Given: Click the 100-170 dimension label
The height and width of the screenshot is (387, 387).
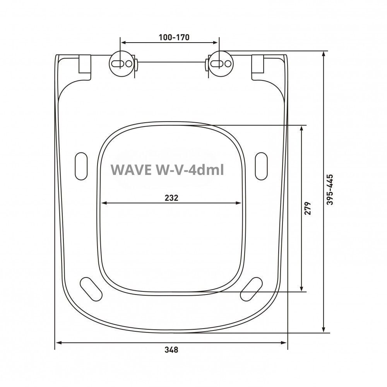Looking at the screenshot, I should point(174,38).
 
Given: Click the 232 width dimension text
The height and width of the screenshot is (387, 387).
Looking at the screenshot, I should point(171,197).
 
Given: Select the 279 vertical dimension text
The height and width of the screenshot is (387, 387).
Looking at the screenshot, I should point(308,208).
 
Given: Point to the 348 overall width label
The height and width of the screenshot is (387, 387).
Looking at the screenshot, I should point(171,350).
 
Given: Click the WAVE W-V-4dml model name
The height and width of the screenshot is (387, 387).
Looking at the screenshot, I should point(167,170).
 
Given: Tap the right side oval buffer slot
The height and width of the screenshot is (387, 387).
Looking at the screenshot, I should point(261,165).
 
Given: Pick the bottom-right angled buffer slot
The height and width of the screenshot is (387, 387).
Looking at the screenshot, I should point(251,288).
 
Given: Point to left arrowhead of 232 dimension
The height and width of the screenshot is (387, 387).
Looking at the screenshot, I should point(103,202).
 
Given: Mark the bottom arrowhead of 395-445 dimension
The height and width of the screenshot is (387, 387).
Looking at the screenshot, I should point(324,330).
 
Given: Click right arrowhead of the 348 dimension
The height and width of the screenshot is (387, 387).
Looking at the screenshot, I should point(285,343).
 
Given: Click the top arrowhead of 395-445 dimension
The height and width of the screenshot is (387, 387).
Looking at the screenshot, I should point(324,54).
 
